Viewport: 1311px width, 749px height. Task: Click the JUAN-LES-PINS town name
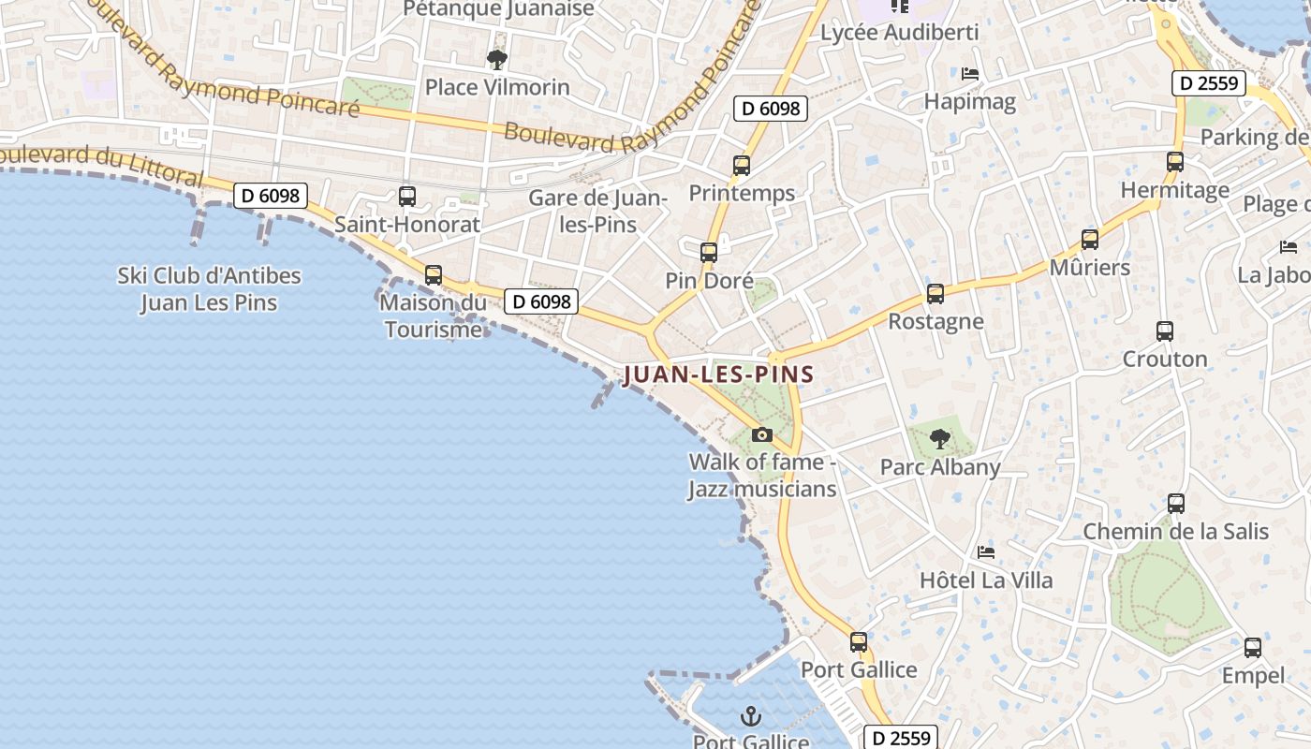click(x=718, y=374)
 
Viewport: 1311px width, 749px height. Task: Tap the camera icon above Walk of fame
click(x=762, y=434)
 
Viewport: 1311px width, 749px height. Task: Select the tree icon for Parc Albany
click(x=939, y=438)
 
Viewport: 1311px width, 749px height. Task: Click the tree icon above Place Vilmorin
click(x=497, y=60)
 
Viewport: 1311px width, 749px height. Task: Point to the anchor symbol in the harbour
click(x=750, y=717)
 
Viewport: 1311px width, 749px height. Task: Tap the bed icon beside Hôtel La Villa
click(x=986, y=552)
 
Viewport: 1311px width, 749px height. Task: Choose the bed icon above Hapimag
click(x=970, y=73)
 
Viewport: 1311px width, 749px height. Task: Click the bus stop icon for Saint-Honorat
click(x=407, y=197)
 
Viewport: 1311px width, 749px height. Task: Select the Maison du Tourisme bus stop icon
click(x=434, y=275)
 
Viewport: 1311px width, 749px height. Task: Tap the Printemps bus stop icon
click(x=742, y=166)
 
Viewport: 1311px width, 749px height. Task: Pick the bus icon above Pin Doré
click(x=709, y=253)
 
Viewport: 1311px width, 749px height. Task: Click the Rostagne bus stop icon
click(x=935, y=294)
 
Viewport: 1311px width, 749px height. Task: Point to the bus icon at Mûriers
click(x=1089, y=240)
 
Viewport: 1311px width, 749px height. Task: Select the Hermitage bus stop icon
click(x=1175, y=162)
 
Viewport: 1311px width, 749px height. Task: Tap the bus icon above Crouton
click(x=1164, y=331)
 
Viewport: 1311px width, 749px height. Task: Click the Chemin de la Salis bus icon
click(x=1176, y=504)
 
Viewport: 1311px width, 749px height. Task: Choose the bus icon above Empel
click(x=1253, y=648)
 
